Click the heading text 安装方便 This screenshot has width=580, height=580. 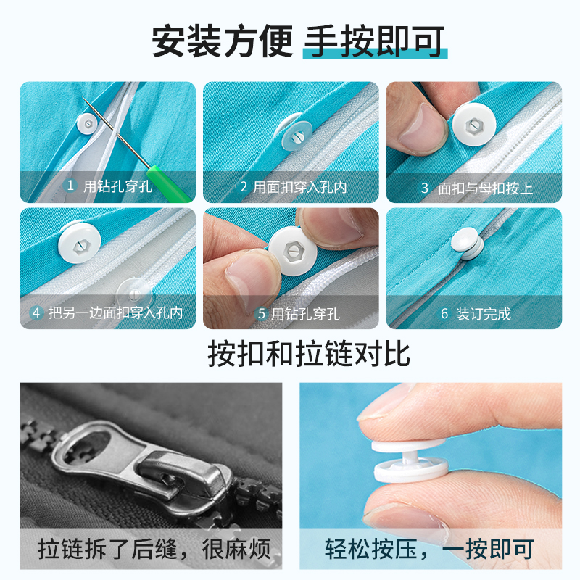point(220,42)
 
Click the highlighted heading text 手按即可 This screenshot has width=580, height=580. point(373,42)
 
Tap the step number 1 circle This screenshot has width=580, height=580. point(70,186)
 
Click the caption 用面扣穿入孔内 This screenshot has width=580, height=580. point(299,187)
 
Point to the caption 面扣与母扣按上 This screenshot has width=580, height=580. point(485,188)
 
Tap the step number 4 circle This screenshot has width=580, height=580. point(36,313)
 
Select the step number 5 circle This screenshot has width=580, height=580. point(262,314)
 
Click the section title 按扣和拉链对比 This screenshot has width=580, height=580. point(308,353)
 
